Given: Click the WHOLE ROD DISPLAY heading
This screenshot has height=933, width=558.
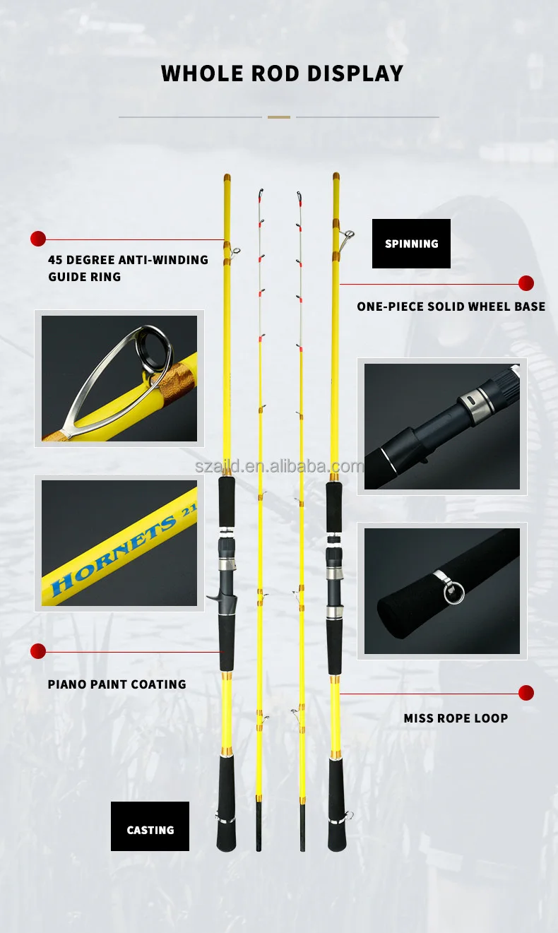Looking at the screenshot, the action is (282, 73).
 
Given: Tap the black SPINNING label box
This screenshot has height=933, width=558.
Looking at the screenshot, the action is (411, 244).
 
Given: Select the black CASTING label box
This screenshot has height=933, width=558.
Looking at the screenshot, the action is (150, 826).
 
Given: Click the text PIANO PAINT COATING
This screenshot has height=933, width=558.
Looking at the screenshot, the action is (117, 684).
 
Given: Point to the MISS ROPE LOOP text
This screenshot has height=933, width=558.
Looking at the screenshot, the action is (456, 718).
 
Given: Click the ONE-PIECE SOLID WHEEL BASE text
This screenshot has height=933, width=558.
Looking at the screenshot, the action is (451, 307).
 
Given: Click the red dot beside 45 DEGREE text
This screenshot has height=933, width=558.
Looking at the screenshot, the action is (38, 239).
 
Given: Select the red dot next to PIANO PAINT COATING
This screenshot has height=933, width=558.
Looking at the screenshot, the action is (38, 651).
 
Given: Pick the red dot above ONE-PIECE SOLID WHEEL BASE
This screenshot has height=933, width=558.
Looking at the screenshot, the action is (526, 283).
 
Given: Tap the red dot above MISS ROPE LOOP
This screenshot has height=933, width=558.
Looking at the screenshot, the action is (526, 693).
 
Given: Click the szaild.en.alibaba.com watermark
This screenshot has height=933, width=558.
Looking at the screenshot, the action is (279, 467).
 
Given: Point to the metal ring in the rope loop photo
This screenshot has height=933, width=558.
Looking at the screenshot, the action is (454, 592).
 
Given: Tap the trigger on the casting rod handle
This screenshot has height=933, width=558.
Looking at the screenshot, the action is (212, 599).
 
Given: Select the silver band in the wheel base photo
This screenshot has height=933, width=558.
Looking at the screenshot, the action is (472, 403).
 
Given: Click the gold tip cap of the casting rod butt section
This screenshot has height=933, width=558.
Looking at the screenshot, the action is (227, 178).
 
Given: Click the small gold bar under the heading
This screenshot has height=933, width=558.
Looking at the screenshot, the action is (279, 117).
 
